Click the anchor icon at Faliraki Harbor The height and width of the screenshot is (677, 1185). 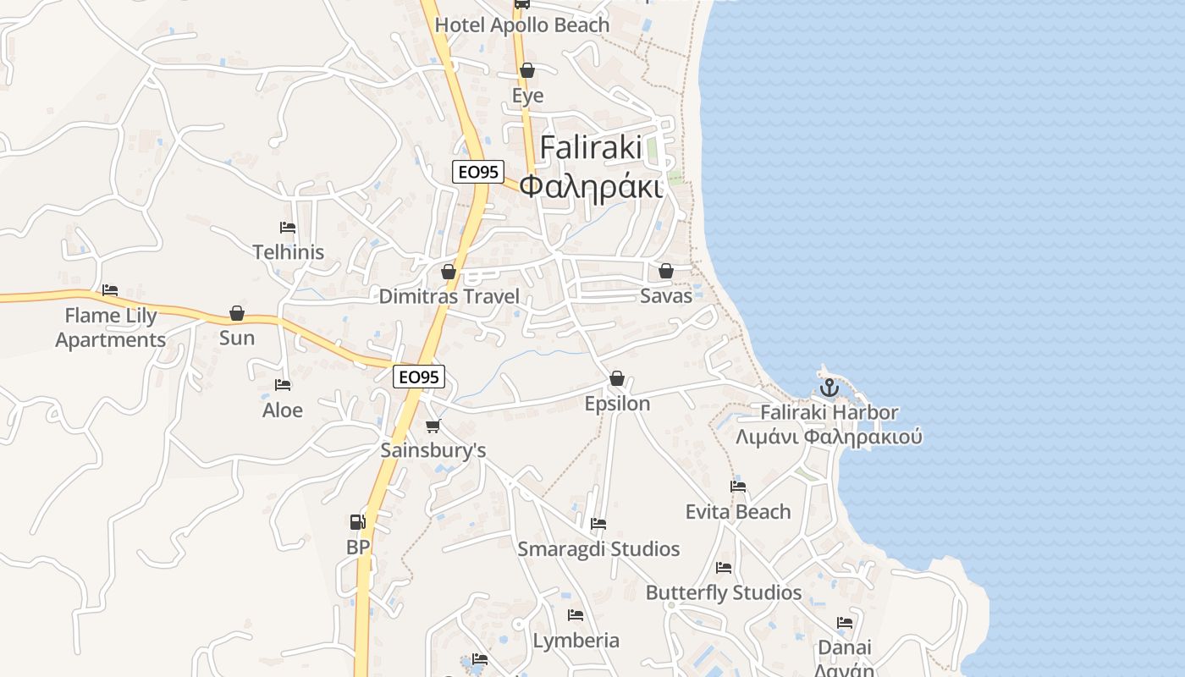(x=829, y=388)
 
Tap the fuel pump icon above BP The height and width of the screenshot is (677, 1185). (x=358, y=522)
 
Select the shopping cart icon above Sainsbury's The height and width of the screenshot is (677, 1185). (x=433, y=426)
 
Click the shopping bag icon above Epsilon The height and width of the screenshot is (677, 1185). (x=617, y=378)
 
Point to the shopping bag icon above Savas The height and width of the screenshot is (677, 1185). (x=666, y=271)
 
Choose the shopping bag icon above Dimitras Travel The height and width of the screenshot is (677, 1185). (x=449, y=272)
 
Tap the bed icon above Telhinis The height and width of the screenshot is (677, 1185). (x=288, y=228)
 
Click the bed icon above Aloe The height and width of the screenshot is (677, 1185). (x=283, y=385)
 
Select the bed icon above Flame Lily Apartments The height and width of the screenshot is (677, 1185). (x=110, y=290)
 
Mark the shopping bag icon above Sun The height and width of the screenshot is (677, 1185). (x=237, y=314)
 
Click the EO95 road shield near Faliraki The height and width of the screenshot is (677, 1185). (x=477, y=172)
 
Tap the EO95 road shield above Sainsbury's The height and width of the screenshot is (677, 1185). (x=419, y=377)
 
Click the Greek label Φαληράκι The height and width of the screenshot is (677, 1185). (x=590, y=186)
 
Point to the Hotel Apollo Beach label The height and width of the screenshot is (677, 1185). (x=521, y=25)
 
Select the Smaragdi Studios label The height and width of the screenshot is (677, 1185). (x=598, y=549)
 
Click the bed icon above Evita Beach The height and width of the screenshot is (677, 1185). (x=738, y=487)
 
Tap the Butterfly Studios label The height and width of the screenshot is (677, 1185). (x=724, y=592)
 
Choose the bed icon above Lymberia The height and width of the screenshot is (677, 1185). (x=576, y=615)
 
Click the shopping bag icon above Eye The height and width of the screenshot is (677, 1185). (x=527, y=70)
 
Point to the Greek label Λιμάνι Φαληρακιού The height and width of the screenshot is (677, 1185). (x=829, y=438)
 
